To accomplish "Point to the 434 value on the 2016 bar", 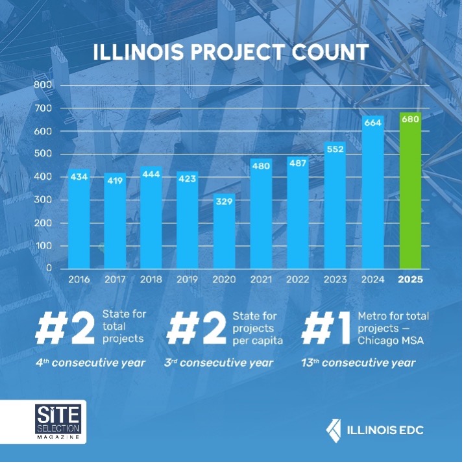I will [79, 177].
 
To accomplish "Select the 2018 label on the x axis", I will [151, 280].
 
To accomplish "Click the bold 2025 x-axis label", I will [410, 280].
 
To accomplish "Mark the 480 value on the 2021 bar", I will [262, 165].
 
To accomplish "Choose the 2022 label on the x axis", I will [299, 280].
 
